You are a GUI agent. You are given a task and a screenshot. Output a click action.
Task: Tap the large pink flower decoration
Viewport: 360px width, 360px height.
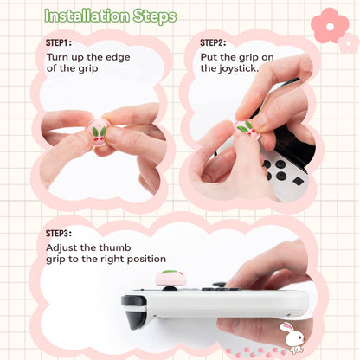click(x=330, y=26)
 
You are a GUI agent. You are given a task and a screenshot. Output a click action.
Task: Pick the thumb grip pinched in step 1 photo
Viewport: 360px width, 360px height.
click(x=96, y=135)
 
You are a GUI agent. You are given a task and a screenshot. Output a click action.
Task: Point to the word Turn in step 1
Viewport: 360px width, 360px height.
click(x=59, y=56)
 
